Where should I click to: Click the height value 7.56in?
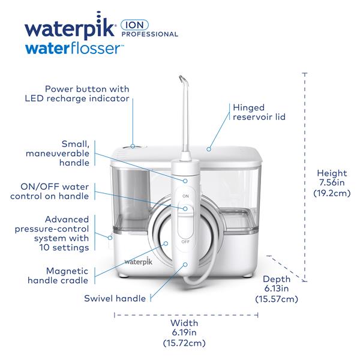tap(332, 183)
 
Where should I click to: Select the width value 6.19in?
tap(184, 332)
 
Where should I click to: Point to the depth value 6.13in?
tap(277, 289)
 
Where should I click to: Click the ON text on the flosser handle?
tap(185, 196)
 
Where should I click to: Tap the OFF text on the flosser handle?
tap(185, 242)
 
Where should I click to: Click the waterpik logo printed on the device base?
tap(139, 262)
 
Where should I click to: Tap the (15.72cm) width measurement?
tap(184, 343)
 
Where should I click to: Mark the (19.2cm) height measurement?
tap(332, 193)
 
